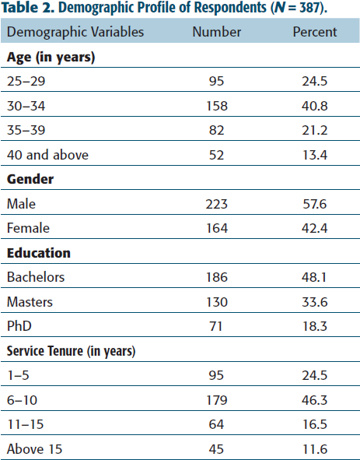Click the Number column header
(x=217, y=32)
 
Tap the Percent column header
(x=315, y=32)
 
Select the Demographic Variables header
(x=75, y=32)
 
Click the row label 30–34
(x=26, y=106)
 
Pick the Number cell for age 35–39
(x=216, y=130)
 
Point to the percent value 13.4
(x=315, y=155)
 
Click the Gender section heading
(x=30, y=179)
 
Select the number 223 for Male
(x=216, y=204)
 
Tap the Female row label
(x=28, y=228)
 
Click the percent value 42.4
(x=315, y=228)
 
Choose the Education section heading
(x=39, y=253)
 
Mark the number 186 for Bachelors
(x=217, y=277)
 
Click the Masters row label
(x=30, y=302)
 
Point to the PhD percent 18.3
(x=315, y=326)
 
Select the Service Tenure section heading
(x=71, y=352)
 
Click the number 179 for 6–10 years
(x=217, y=400)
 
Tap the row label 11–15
(x=25, y=424)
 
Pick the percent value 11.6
(x=315, y=449)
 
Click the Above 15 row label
(x=34, y=449)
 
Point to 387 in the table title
(x=309, y=8)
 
